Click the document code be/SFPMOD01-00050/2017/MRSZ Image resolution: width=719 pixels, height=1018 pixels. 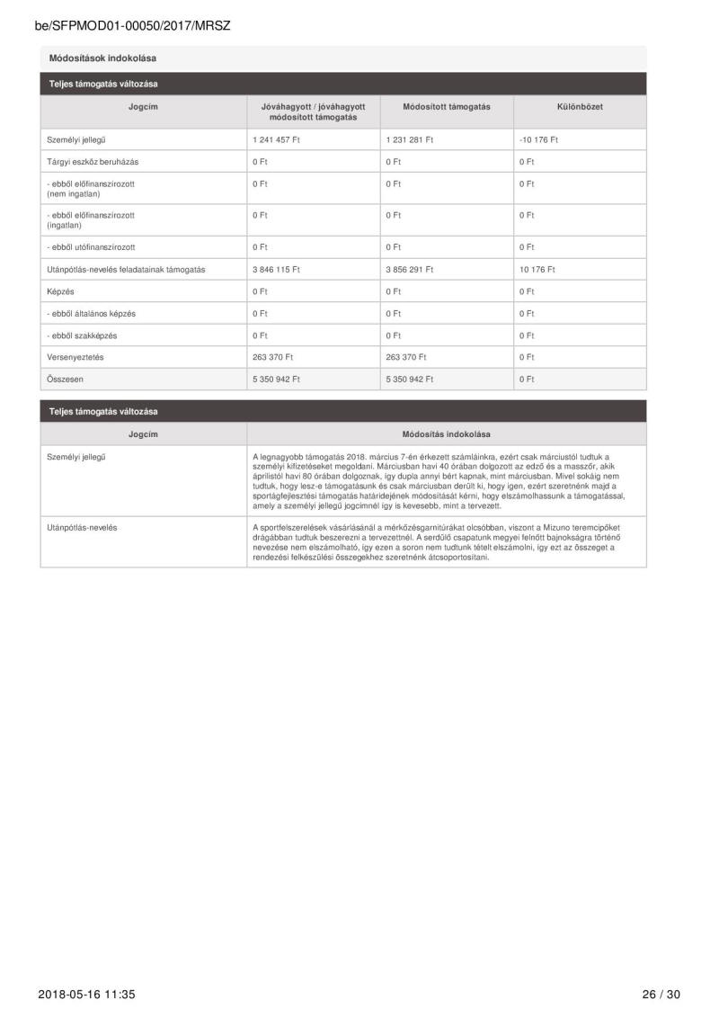click(x=133, y=26)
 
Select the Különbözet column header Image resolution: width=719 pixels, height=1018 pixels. click(x=580, y=107)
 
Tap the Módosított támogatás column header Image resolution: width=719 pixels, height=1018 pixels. click(x=447, y=107)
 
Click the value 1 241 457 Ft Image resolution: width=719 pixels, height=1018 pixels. click(x=276, y=140)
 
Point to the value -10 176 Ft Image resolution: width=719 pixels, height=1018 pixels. click(x=538, y=140)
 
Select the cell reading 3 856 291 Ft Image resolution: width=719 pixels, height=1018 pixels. click(x=410, y=270)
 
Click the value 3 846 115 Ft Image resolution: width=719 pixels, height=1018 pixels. click(x=276, y=270)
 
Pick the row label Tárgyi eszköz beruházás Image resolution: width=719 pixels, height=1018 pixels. click(x=93, y=162)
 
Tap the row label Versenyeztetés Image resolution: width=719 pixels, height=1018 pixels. click(x=75, y=357)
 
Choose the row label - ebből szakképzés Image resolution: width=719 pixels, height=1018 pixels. click(x=82, y=335)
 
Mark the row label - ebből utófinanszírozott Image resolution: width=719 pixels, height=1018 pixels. click(x=91, y=247)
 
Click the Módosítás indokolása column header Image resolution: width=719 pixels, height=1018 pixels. click(x=447, y=434)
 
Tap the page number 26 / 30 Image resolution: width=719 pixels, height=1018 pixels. click(x=661, y=995)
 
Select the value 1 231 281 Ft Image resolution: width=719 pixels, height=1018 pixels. click(x=410, y=140)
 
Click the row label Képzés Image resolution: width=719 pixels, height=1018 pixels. click(x=60, y=291)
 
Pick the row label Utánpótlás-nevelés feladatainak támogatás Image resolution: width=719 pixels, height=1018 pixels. click(x=126, y=270)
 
